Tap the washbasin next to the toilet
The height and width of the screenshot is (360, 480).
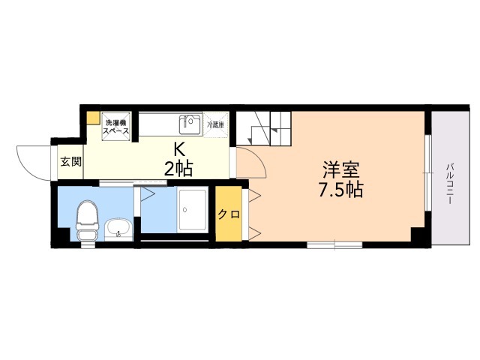coord(118,228)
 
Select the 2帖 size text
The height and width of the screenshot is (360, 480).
coord(178,169)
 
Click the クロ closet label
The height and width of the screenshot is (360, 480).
coord(229,214)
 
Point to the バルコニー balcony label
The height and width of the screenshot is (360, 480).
coord(451,180)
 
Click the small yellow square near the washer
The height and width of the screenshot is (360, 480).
coord(91,118)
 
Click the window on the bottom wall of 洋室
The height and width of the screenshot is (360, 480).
coord(334,244)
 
